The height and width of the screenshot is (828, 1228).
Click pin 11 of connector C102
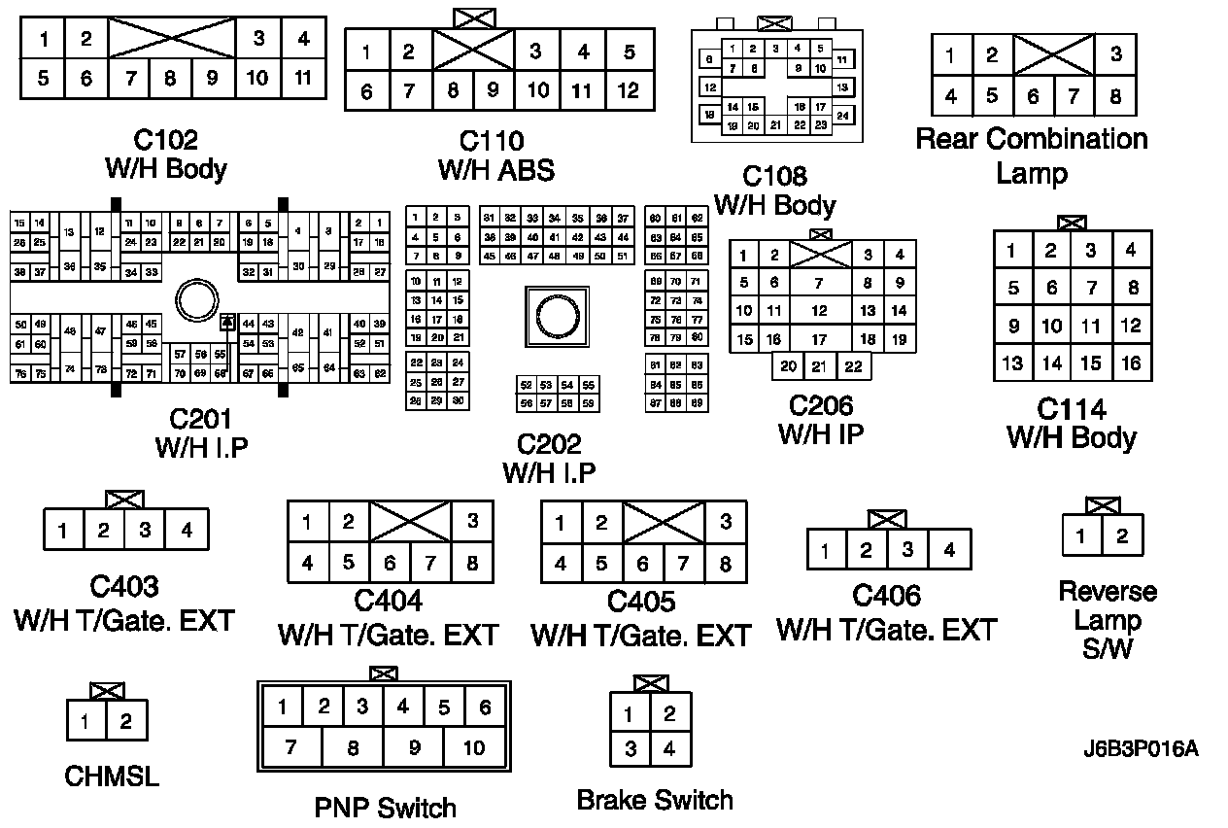(x=303, y=78)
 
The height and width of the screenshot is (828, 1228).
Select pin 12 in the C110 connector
(x=629, y=91)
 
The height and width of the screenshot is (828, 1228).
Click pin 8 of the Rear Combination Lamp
(x=1115, y=96)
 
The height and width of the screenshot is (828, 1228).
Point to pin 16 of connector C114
(x=1130, y=363)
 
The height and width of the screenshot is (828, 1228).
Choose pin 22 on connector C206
(x=853, y=366)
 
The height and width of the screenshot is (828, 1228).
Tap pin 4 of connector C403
(x=187, y=531)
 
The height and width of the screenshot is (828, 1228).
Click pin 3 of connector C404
(x=472, y=522)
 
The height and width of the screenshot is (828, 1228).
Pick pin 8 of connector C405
(x=725, y=564)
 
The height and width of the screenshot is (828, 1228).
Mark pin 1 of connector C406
(x=825, y=552)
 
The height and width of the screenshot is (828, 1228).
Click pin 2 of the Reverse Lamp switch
(x=1122, y=535)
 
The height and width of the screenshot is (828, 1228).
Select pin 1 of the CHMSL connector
(x=85, y=721)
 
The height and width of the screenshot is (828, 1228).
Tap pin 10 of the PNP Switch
(x=473, y=747)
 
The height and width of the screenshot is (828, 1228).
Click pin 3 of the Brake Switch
(x=631, y=749)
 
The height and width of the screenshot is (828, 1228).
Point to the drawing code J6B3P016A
(x=1141, y=749)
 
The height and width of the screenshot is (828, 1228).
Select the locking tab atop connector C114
(x=1073, y=223)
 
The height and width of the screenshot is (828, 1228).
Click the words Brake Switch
(x=655, y=800)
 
